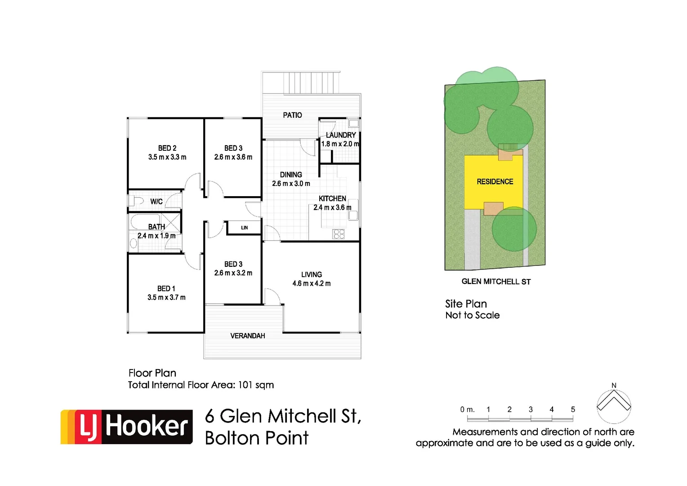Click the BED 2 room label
167,148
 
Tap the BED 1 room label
166,288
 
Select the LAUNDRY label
341,135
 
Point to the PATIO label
292,115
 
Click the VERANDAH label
248,336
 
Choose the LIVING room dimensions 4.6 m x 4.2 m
312,283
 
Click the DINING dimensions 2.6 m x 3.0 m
291,184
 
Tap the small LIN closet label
245,228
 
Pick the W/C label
156,202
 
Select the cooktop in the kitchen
339,234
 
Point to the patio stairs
311,83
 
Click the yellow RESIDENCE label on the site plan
495,182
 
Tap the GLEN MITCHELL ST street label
496,282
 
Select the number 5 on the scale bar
573,409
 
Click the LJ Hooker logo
127,427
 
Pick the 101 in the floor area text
245,385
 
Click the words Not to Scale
473,315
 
